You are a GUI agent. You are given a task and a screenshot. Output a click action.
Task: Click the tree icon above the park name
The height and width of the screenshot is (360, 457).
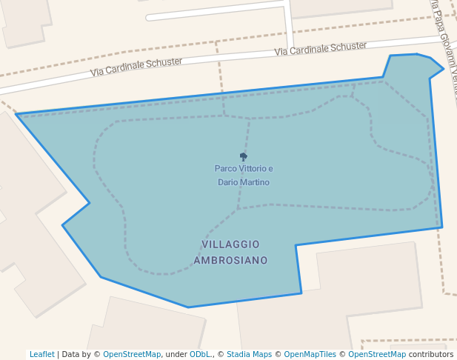click(244, 156)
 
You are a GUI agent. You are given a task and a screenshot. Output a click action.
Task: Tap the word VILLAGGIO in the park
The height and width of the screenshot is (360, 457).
click(230, 244)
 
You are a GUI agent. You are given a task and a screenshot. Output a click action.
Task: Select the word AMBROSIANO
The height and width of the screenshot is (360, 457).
click(230, 261)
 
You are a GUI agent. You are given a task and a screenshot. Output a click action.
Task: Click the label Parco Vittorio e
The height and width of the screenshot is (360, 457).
click(244, 169)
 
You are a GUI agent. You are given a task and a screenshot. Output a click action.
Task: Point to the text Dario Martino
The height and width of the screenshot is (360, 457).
click(244, 182)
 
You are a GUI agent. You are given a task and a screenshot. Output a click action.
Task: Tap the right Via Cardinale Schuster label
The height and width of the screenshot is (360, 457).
click(320, 49)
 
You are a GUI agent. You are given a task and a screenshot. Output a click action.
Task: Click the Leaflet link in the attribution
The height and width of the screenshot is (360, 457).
click(42, 355)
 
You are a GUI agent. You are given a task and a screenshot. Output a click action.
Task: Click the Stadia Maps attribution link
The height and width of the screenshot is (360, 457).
click(249, 355)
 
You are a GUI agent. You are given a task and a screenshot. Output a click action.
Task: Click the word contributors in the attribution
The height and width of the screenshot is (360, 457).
click(431, 355)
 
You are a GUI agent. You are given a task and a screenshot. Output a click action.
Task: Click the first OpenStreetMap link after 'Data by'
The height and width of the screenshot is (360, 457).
click(132, 355)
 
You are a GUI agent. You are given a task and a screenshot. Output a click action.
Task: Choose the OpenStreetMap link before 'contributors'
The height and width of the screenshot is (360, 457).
click(377, 355)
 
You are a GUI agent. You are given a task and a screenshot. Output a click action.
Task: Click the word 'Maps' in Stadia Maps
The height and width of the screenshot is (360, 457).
click(261, 355)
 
